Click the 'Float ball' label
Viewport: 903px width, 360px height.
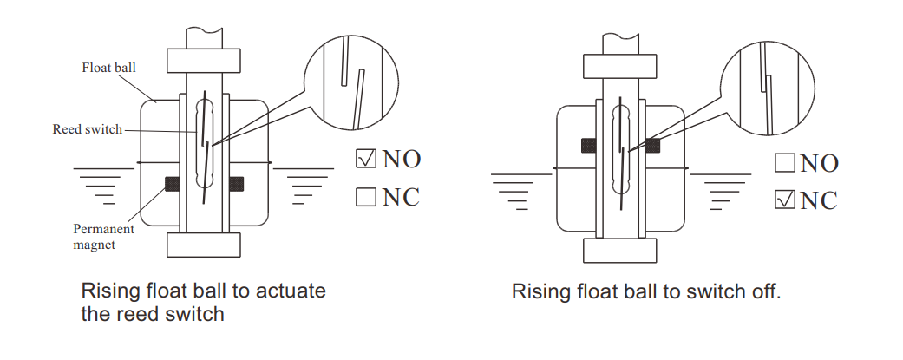coord(109,67)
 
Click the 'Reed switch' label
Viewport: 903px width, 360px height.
coord(87,129)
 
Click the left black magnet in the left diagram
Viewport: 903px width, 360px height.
coord(172,184)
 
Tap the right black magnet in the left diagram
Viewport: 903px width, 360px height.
coord(235,184)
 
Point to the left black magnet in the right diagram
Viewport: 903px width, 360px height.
coord(589,146)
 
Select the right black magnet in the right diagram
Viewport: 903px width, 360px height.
coord(652,146)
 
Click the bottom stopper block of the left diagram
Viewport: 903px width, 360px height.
coord(204,245)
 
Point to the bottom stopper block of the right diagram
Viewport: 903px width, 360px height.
coord(620,250)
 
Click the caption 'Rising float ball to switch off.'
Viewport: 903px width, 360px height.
coord(646,291)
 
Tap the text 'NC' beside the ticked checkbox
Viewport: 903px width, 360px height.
coord(819,201)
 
